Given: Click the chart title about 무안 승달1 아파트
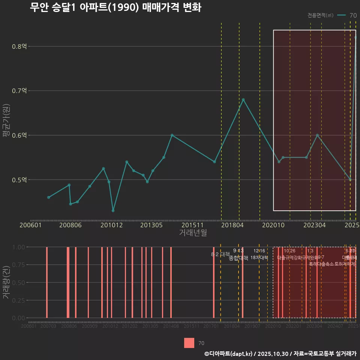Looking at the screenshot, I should click(115, 7).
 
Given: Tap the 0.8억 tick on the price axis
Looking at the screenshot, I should click(19, 46).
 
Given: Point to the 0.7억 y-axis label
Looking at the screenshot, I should click(19, 91).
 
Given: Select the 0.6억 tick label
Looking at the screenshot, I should click(19, 135).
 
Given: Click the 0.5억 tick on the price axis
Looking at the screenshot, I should click(19, 180).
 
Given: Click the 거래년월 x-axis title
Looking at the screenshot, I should click(193, 233).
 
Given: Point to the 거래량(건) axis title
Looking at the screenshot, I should click(6, 282).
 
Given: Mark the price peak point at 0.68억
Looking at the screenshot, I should click(243, 100).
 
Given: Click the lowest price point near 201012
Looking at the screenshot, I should click(113, 211).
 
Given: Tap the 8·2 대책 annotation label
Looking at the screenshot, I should click(220, 254).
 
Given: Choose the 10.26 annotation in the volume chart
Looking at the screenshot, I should click(289, 251).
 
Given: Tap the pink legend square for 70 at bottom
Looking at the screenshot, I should click(189, 343).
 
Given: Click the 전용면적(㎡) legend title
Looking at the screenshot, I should click(320, 15).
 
